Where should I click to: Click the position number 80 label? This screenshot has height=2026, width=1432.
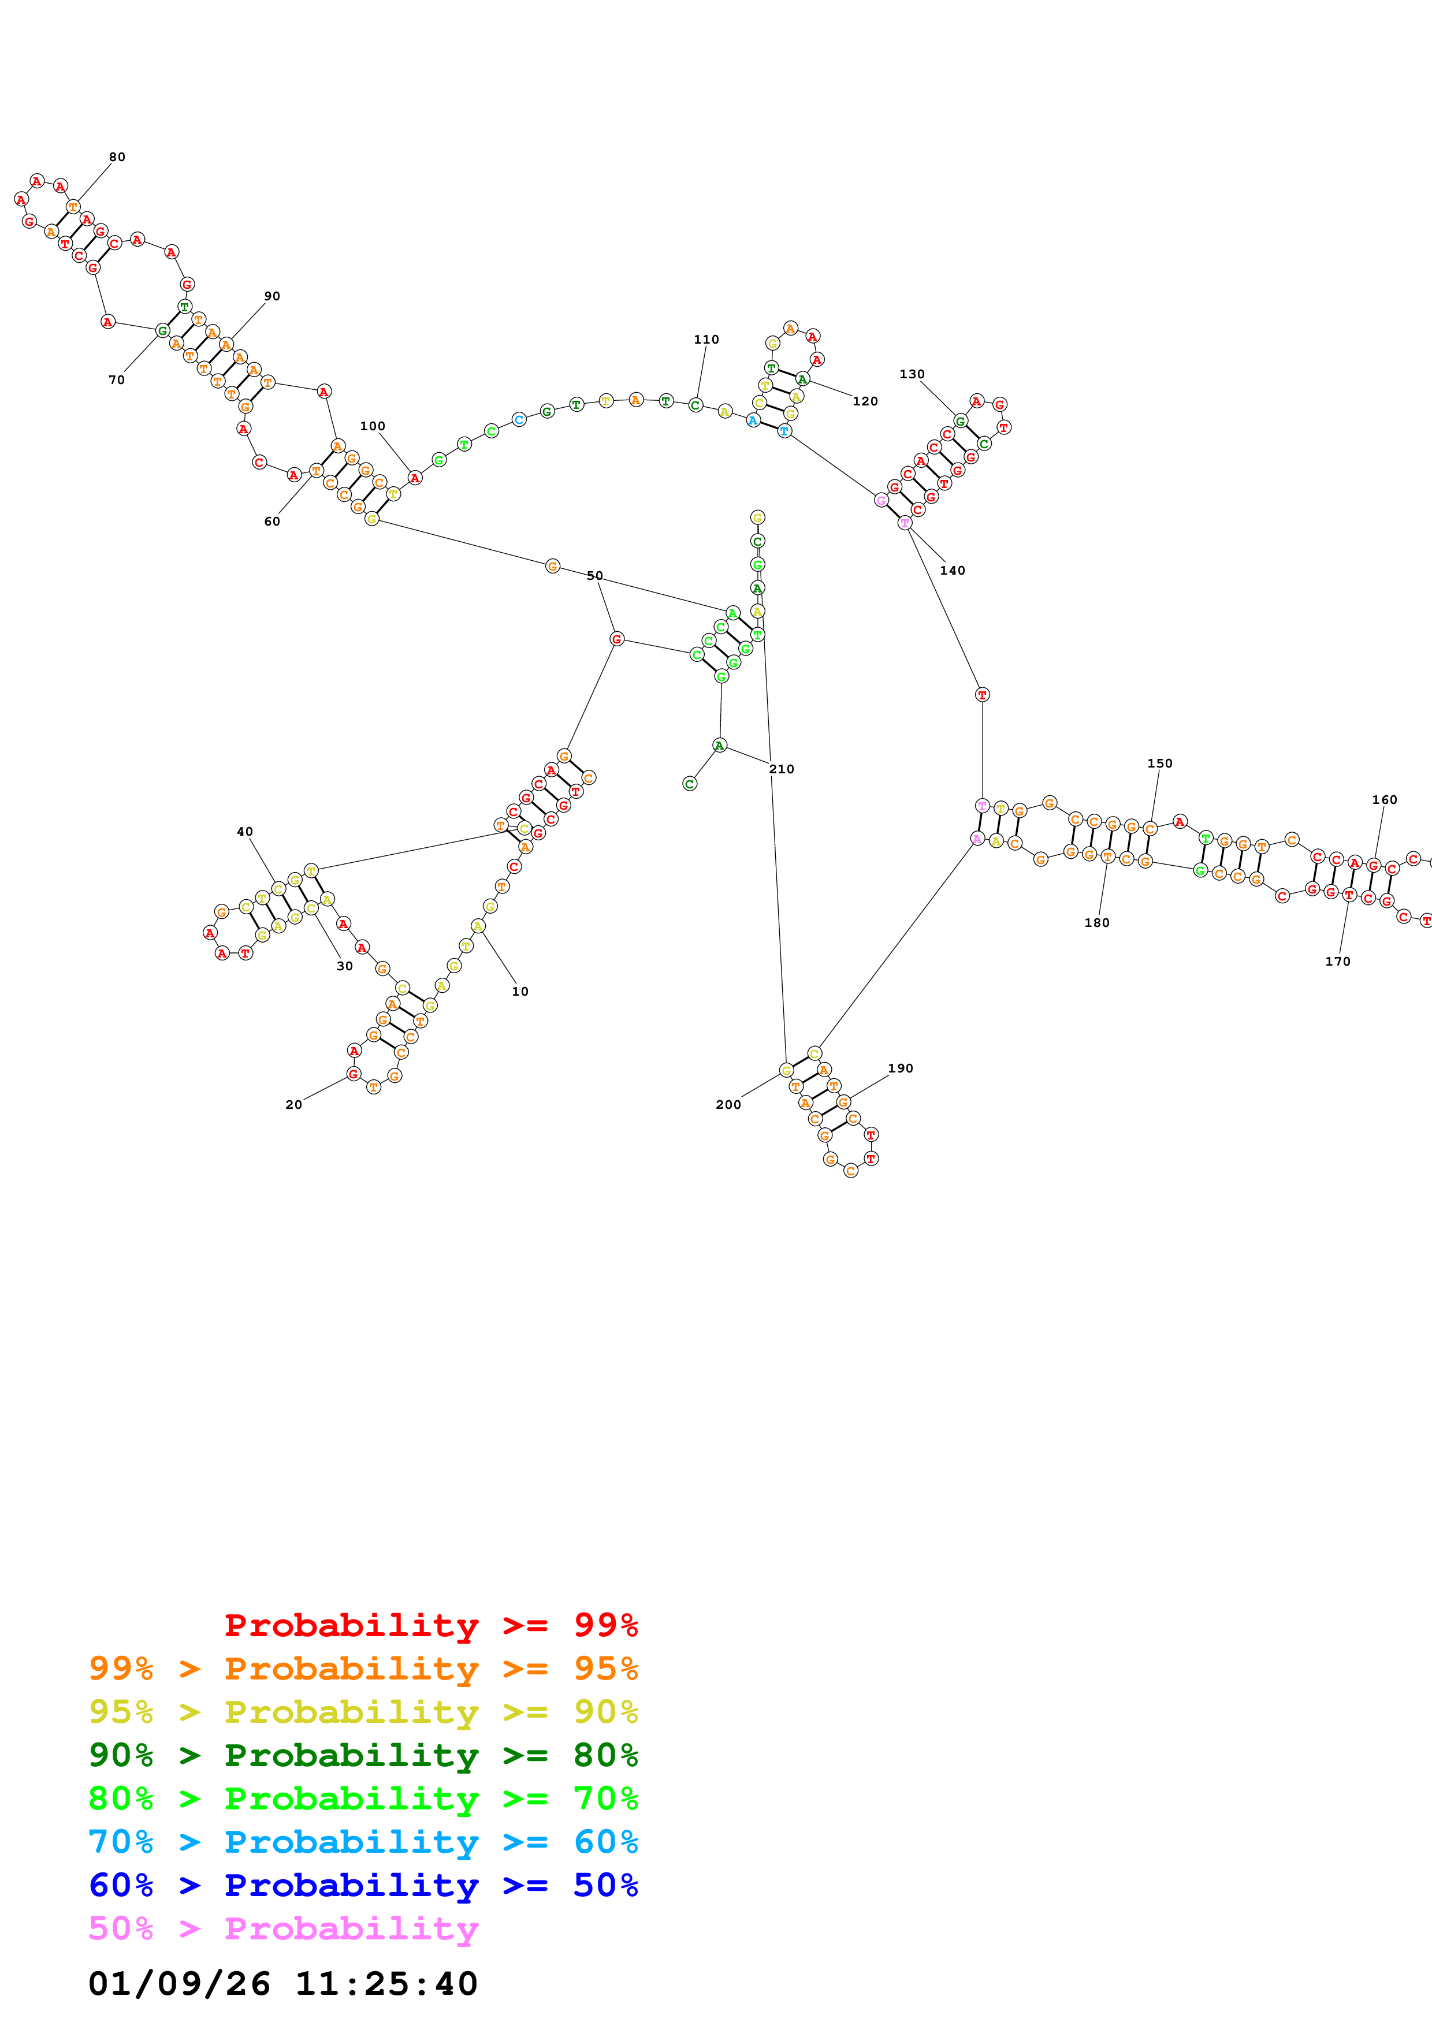click(117, 157)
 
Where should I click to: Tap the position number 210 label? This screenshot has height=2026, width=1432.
click(781, 769)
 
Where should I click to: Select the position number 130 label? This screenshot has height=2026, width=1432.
click(912, 374)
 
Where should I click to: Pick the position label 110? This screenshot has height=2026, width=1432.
click(706, 339)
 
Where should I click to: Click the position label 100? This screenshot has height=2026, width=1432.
click(373, 426)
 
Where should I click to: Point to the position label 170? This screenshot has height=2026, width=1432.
click(1338, 961)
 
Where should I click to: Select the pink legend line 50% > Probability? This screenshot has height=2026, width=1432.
click(283, 1928)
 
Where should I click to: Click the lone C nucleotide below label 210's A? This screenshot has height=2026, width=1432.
click(689, 784)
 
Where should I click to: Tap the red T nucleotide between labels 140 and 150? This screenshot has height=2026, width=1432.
click(982, 694)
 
